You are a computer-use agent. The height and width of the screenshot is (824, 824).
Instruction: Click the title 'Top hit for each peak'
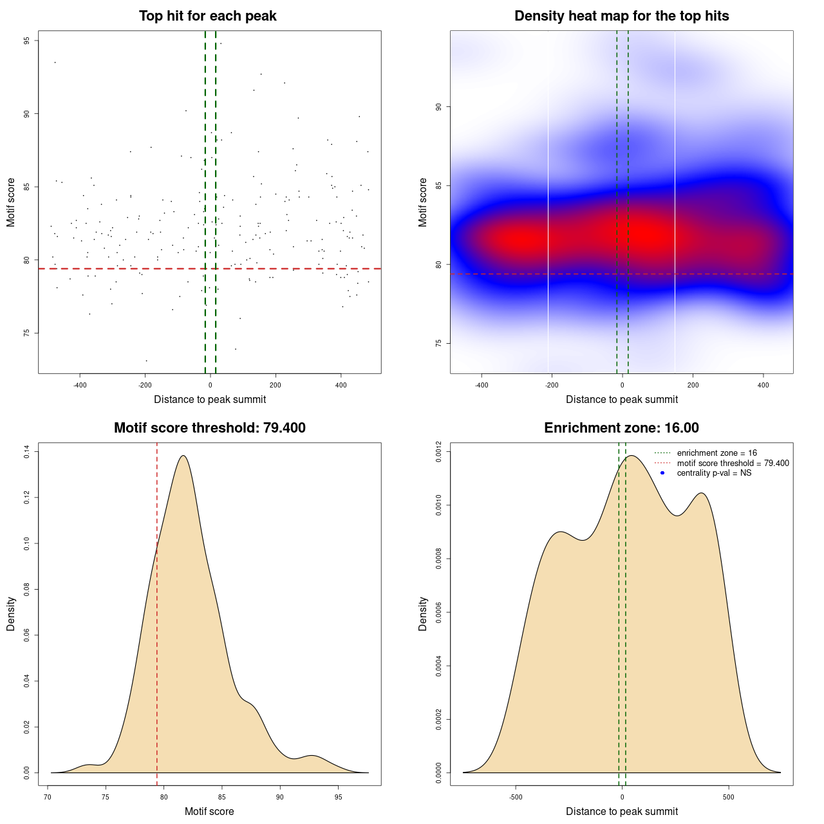click(x=207, y=16)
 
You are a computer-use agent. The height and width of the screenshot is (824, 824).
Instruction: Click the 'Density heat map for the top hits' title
click(x=621, y=16)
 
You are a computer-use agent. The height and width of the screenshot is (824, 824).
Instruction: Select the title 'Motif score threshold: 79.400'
click(x=209, y=428)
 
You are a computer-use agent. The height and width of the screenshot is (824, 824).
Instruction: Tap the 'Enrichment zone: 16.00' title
click(x=621, y=428)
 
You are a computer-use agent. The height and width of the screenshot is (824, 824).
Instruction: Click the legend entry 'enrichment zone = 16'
click(x=716, y=453)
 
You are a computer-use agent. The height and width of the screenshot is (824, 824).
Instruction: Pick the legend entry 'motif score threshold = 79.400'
click(x=733, y=464)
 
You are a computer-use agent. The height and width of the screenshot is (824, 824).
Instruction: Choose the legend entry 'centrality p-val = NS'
click(x=714, y=473)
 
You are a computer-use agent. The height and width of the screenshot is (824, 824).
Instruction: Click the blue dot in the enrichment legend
click(x=662, y=473)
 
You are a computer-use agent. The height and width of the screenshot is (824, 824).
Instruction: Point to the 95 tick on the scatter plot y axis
click(x=26, y=41)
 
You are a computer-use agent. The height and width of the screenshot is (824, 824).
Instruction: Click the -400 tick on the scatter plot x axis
click(x=80, y=386)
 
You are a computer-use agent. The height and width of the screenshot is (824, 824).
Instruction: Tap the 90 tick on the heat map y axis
click(x=438, y=107)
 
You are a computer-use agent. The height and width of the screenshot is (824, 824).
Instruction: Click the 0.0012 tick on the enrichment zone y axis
click(x=438, y=453)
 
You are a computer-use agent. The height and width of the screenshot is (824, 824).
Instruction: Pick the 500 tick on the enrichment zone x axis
click(x=729, y=797)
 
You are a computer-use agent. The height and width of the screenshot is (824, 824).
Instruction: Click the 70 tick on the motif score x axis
click(x=48, y=797)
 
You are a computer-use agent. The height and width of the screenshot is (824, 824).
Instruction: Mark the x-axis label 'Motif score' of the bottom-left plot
click(x=209, y=812)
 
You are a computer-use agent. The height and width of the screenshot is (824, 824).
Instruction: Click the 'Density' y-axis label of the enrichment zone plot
click(x=423, y=613)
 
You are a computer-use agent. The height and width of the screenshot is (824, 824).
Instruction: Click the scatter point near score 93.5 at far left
click(x=55, y=62)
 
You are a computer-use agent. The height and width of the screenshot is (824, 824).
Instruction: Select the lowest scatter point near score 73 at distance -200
click(x=146, y=360)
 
